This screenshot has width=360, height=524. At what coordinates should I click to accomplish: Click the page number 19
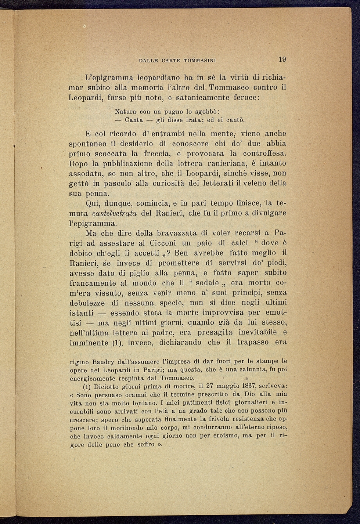coord(282,59)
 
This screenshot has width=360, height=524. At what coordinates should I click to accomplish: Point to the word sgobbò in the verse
coord(206,111)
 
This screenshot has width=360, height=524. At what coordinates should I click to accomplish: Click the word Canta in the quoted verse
coord(134,120)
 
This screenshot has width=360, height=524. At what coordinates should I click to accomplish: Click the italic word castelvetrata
coord(115,213)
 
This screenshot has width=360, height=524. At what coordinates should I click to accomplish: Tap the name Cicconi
coord(163,243)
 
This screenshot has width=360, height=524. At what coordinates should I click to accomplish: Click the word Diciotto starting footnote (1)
coord(107,386)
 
